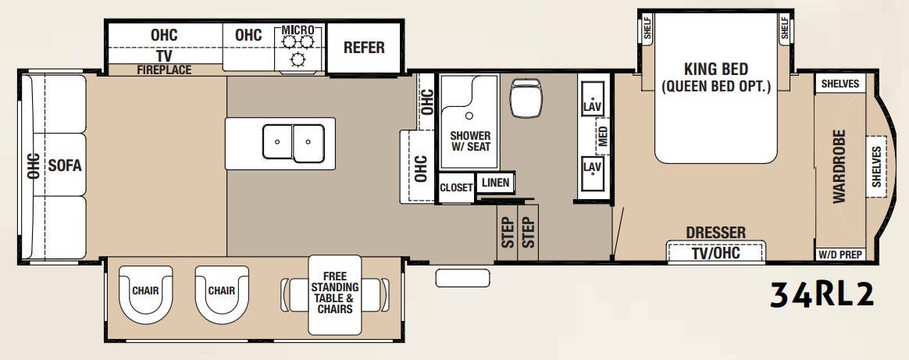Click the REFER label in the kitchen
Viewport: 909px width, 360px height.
tap(364, 48)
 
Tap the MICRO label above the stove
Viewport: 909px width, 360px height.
tap(297, 30)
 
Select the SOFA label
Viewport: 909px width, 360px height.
tap(65, 165)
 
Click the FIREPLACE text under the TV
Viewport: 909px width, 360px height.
tap(164, 70)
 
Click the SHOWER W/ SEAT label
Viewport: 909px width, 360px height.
tap(469, 141)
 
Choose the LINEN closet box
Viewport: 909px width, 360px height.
tap(495, 183)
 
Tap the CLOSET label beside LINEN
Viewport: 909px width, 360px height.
tap(456, 187)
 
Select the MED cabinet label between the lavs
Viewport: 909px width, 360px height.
tap(603, 137)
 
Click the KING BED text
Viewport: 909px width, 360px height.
tap(716, 70)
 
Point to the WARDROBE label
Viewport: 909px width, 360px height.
tap(839, 166)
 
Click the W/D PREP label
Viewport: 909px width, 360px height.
tap(839, 254)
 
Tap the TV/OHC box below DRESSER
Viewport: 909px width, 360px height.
tap(716, 253)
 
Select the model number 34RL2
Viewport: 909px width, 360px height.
tap(820, 294)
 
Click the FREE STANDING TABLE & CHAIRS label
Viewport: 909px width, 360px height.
tap(334, 293)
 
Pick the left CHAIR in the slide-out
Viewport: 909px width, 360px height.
tap(145, 291)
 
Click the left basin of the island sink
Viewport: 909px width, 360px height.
tap(277, 142)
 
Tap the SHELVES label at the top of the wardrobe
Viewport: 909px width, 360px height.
tap(839, 84)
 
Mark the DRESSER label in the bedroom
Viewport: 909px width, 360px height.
tap(715, 233)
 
